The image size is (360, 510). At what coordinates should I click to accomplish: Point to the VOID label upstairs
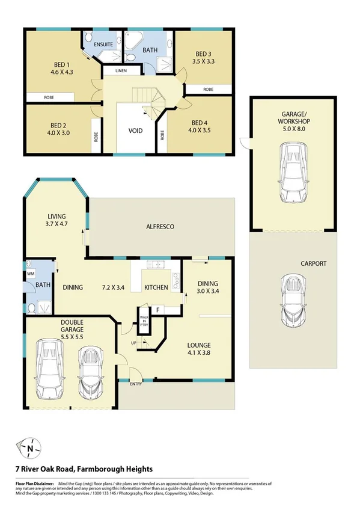point(135,131)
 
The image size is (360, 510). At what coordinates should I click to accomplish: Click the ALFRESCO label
point(160,227)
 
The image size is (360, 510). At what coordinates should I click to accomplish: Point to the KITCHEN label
point(156,287)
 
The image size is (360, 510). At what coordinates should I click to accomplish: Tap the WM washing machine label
point(31,273)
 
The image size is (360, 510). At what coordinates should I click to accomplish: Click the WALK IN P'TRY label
point(144,321)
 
